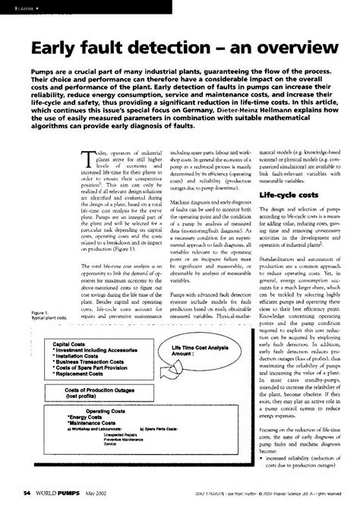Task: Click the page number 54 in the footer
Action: coord(27,493)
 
